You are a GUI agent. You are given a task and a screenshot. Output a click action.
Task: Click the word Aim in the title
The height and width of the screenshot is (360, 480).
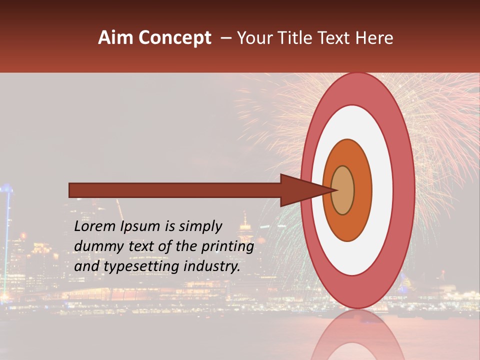(115, 37)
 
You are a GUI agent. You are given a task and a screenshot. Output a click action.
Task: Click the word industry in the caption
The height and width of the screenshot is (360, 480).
(212, 266)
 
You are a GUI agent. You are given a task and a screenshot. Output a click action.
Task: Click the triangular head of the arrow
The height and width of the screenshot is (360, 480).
(300, 190)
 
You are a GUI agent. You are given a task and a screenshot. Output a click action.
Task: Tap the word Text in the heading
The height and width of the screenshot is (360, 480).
(336, 37)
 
